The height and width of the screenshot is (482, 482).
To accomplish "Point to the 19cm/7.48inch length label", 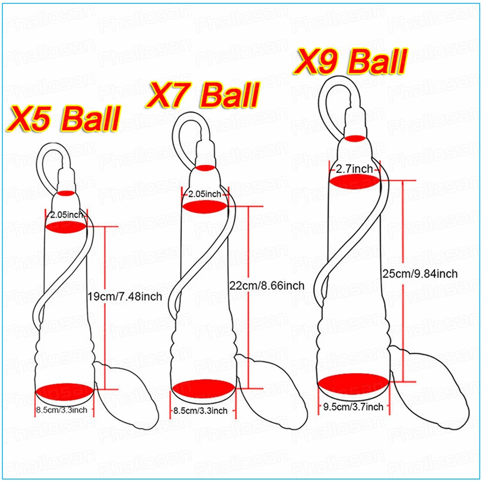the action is click(124, 295).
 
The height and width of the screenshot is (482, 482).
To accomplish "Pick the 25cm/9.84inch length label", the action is click(418, 274).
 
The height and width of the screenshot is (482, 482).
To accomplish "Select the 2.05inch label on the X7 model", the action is click(204, 194).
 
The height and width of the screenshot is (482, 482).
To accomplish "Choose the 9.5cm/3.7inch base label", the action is click(353, 407).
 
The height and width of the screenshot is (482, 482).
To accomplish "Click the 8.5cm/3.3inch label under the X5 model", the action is click(62, 410).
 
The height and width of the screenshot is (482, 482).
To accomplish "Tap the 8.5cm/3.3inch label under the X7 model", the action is click(200, 411).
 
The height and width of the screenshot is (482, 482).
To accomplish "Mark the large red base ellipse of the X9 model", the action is click(353, 384).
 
